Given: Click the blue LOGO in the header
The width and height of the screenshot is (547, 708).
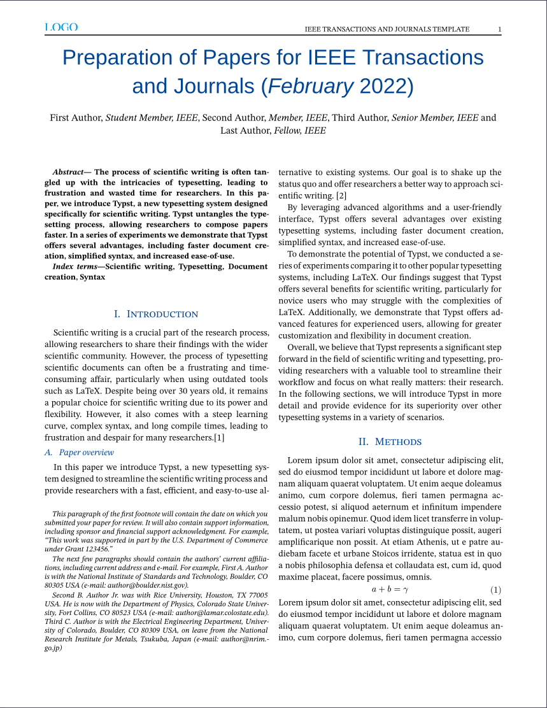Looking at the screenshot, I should point(61,27).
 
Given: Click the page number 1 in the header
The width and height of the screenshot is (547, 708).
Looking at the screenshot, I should point(499,29).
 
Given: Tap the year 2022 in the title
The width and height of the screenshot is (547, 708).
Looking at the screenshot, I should point(383,86).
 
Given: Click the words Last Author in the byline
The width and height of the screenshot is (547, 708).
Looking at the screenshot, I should point(245,131).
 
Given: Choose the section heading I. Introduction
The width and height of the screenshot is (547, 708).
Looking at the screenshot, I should point(156,315).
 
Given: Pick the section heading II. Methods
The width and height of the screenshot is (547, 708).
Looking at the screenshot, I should point(390,442).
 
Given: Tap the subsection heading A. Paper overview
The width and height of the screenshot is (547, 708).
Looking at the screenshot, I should point(79,453).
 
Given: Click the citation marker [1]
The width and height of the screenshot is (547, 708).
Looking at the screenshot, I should point(219,438).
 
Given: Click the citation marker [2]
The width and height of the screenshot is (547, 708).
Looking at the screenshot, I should point(341,195).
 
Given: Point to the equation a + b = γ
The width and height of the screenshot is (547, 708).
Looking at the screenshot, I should point(390,590).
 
